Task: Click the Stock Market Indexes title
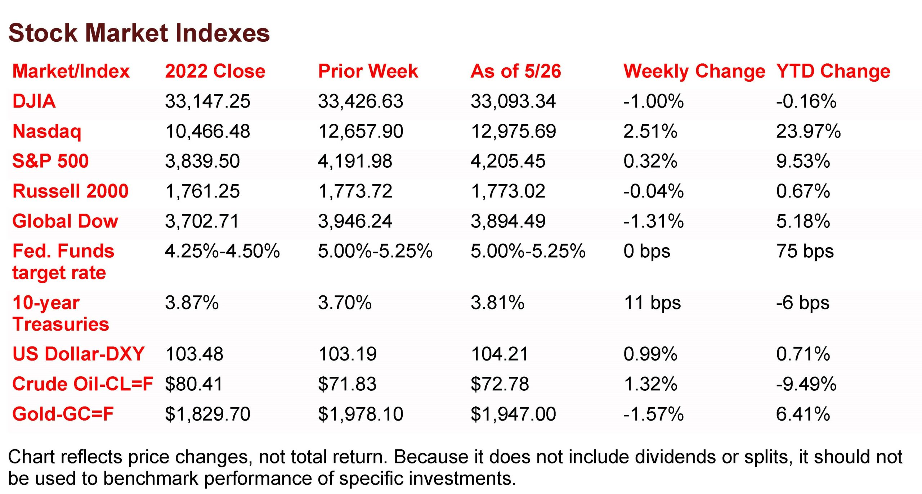(x=139, y=33)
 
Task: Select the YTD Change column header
(x=833, y=72)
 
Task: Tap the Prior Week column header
(x=368, y=71)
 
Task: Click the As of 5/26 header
(x=516, y=71)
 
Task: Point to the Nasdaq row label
(x=47, y=132)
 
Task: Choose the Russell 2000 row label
(x=70, y=191)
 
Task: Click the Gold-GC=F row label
(x=63, y=414)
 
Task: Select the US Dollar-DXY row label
(x=78, y=354)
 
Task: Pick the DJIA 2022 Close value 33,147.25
(x=207, y=101)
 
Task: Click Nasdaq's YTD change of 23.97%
(x=808, y=131)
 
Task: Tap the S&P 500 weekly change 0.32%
(x=650, y=161)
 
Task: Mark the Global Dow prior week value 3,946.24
(x=355, y=221)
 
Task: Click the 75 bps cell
(x=805, y=251)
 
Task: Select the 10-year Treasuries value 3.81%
(x=497, y=303)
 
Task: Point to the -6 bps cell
(x=803, y=303)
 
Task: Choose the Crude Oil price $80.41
(x=194, y=384)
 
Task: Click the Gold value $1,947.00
(x=513, y=414)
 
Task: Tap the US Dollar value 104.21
(x=500, y=354)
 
